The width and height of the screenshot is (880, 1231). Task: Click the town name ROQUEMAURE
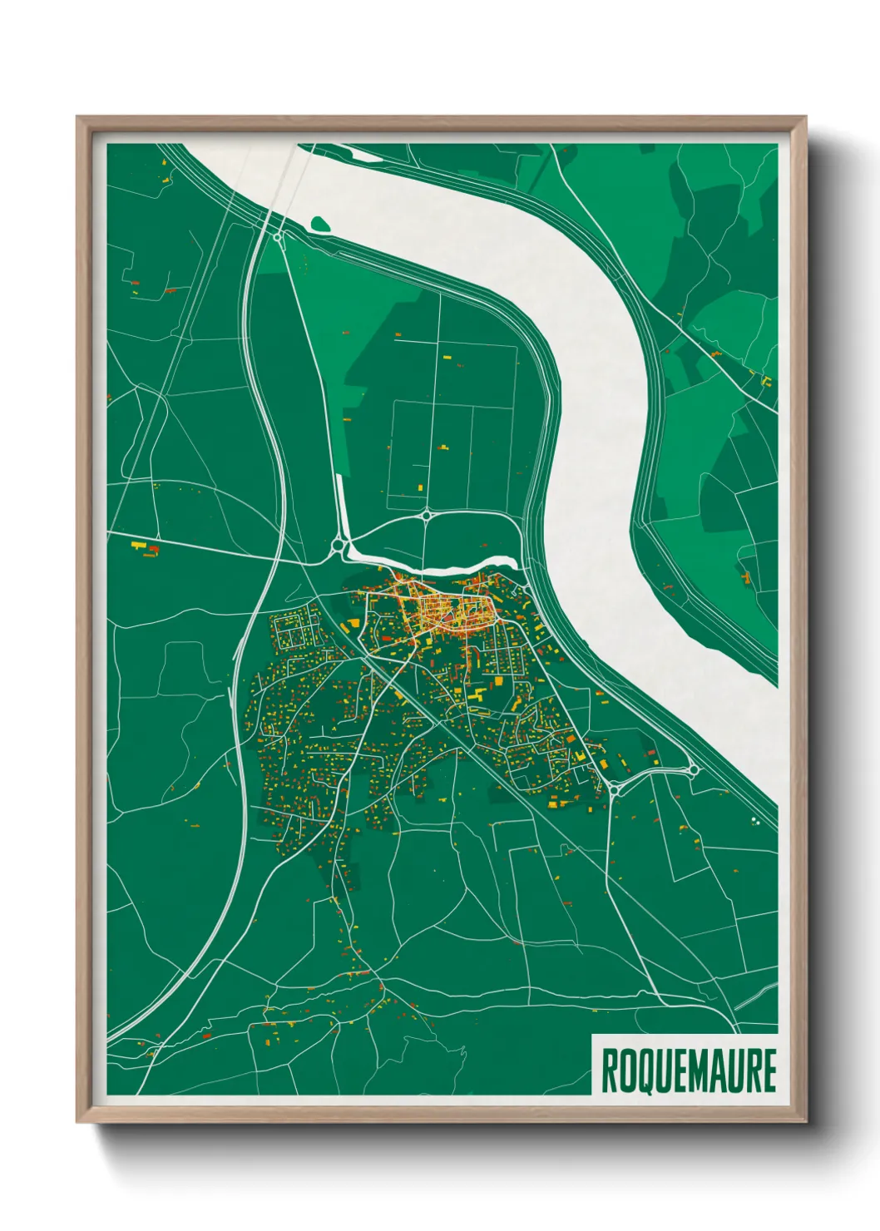tap(688, 1070)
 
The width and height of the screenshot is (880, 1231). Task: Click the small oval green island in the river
tap(321, 224)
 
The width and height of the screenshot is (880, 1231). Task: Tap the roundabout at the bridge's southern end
tap(277, 237)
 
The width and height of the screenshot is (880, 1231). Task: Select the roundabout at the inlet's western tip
tap(339, 546)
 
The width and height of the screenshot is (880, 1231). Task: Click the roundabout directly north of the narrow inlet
tap(427, 516)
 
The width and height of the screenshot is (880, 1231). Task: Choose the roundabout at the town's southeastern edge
tap(615, 787)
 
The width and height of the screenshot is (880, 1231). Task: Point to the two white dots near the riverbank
tap(755, 822)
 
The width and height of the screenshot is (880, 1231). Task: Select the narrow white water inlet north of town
tap(433, 566)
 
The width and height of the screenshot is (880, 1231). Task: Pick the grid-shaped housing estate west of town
tap(295, 632)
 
